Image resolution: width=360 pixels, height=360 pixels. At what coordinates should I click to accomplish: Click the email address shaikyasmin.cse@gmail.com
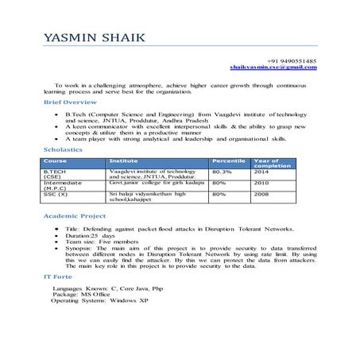pos(273,68)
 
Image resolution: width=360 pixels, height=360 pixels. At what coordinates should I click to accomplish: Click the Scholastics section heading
pos(61,149)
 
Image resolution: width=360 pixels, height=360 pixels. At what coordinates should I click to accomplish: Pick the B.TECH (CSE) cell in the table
pos(55,175)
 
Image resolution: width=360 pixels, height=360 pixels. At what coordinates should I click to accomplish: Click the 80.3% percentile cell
pos(223,172)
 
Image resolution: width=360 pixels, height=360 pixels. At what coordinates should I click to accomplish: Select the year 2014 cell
pos(261,172)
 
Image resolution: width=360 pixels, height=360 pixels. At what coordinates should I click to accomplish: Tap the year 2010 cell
pos(261,183)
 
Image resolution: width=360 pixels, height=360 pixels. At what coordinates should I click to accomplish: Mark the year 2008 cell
pos(261,194)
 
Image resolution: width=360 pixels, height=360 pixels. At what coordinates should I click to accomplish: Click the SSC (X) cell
pos(56,194)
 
